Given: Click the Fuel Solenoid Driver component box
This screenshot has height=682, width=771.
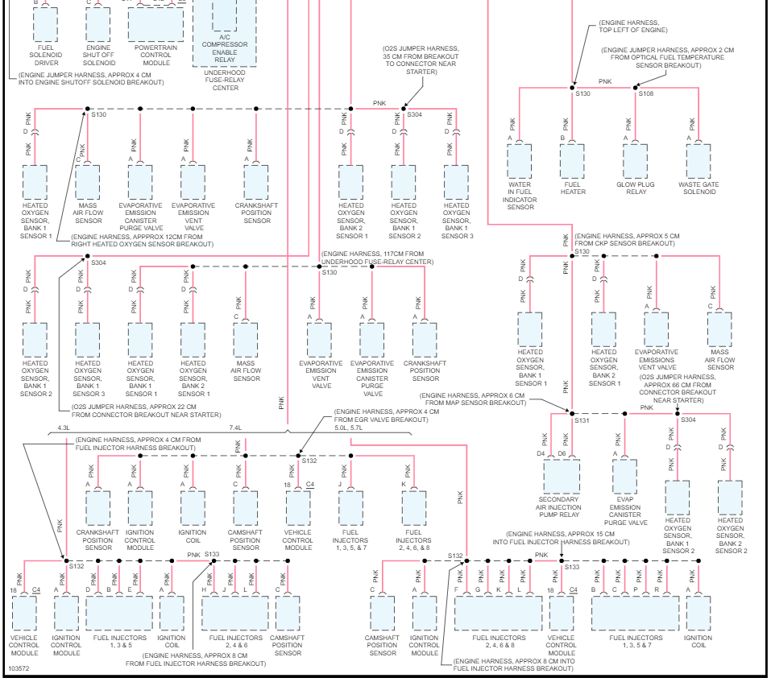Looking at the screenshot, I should [46, 23].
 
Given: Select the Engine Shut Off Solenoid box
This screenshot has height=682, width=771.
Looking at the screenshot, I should [98, 24].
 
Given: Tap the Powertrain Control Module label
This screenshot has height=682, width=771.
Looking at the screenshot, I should [155, 54].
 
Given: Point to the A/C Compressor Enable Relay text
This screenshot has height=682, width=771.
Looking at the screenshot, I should [225, 44].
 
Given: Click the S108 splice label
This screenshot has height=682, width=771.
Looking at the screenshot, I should [647, 94].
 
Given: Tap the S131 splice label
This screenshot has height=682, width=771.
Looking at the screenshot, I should [582, 420].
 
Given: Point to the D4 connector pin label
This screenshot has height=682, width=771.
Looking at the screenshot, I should [541, 454].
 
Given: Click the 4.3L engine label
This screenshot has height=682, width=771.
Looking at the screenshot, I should [64, 428].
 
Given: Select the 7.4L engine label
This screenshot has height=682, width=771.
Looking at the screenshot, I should [235, 428].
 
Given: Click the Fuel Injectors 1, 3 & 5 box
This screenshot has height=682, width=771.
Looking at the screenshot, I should [118, 613].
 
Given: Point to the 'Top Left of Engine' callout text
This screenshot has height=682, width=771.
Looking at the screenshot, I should [633, 29].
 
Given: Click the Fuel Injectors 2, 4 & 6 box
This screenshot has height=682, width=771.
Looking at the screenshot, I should [235, 613].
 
